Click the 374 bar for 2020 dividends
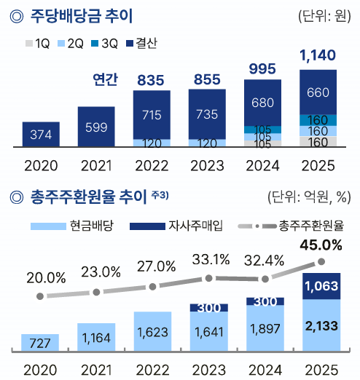coord(40,135)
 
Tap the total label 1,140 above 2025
coord(318,55)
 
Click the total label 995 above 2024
coord(262,69)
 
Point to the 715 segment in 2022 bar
coord(152,115)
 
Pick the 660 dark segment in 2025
coord(318,92)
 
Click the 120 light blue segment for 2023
coord(207,143)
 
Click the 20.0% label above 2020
coord(40,277)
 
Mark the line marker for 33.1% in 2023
coord(209,278)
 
